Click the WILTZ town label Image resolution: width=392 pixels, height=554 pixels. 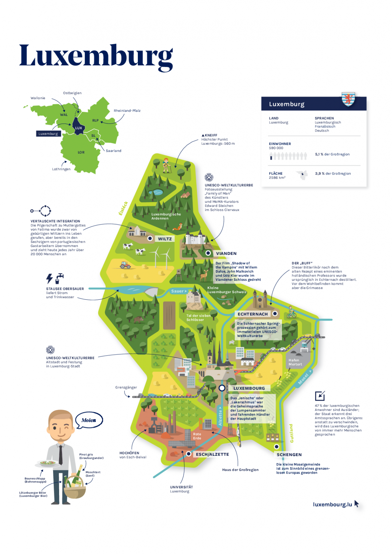point(165,239)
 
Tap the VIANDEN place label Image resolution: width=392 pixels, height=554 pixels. point(226,254)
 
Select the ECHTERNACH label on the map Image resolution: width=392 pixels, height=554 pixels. point(253,314)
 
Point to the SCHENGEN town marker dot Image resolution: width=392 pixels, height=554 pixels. point(276,447)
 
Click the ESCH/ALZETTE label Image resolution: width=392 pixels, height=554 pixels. point(212,454)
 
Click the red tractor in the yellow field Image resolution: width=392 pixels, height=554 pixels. point(125,265)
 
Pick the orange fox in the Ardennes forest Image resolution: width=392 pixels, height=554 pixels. point(178,227)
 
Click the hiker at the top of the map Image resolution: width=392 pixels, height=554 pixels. point(166,165)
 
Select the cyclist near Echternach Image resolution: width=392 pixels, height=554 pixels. point(291,312)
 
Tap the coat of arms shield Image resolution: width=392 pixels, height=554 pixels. point(348,99)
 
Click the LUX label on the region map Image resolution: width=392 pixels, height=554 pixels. point(78,128)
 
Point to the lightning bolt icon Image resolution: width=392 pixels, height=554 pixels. point(49,278)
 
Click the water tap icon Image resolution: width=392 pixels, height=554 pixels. point(59,278)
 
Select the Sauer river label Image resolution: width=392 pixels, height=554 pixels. point(177,291)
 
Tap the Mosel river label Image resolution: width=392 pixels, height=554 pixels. point(303,379)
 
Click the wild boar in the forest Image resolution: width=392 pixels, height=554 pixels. point(138,320)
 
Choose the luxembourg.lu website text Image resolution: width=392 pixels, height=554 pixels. point(332,505)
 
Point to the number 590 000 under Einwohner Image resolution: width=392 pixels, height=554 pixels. point(276,148)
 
